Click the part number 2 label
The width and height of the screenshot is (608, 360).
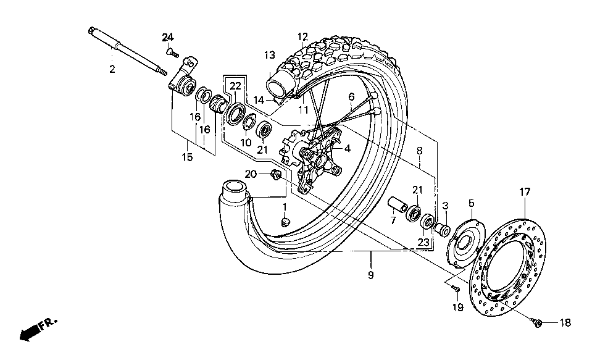[x=112, y=70]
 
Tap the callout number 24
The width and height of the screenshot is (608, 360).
[x=168, y=38]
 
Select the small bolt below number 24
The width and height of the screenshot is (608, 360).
[x=171, y=52]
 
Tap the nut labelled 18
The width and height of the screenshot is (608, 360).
[x=538, y=322]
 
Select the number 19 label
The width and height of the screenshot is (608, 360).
[x=457, y=307]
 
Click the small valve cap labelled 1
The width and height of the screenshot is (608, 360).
[x=285, y=222]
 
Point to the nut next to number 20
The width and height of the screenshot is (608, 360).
[x=277, y=176]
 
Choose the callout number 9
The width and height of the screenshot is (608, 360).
[x=370, y=275]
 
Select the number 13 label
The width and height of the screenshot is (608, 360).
[x=269, y=56]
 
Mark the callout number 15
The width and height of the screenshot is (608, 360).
[x=187, y=157]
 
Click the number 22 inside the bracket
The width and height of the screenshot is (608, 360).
[x=235, y=86]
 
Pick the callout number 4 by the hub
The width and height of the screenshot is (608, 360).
[x=348, y=148]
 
